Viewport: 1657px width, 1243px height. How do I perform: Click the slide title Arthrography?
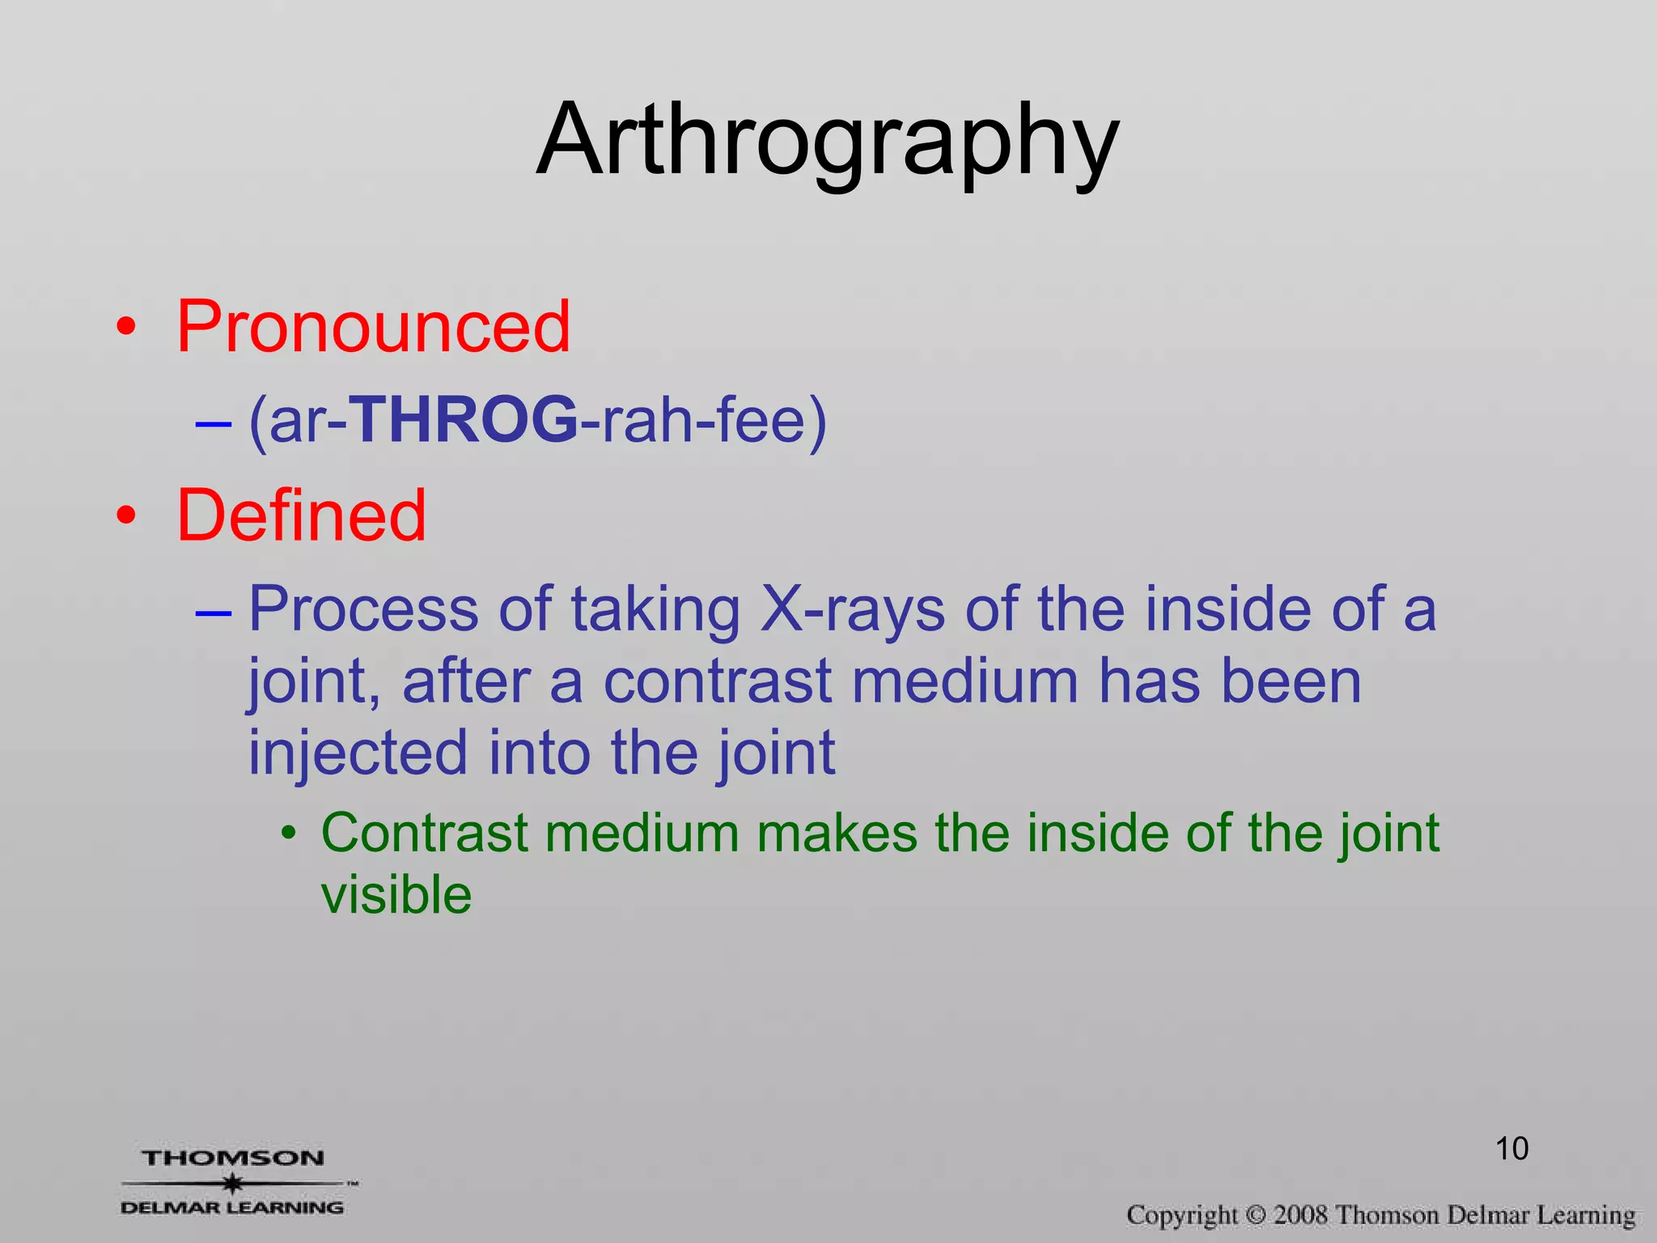point(828,139)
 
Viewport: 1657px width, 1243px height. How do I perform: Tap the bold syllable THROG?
point(464,420)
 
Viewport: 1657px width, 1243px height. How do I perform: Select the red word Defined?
point(301,515)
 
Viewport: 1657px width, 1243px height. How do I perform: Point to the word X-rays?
point(852,609)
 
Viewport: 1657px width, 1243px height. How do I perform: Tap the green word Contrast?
point(425,833)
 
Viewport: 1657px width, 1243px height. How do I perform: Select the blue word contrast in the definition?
point(718,681)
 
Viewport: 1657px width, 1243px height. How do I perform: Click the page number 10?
point(1511,1148)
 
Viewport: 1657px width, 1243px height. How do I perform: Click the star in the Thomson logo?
point(233,1183)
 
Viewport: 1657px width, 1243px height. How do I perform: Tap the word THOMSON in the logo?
point(233,1158)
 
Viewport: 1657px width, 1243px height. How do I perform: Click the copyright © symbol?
point(1255,1215)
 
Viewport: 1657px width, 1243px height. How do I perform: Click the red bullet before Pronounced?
point(125,328)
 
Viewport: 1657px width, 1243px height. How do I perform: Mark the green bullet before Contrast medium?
point(289,834)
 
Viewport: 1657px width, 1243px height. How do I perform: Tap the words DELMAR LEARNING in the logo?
point(232,1207)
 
